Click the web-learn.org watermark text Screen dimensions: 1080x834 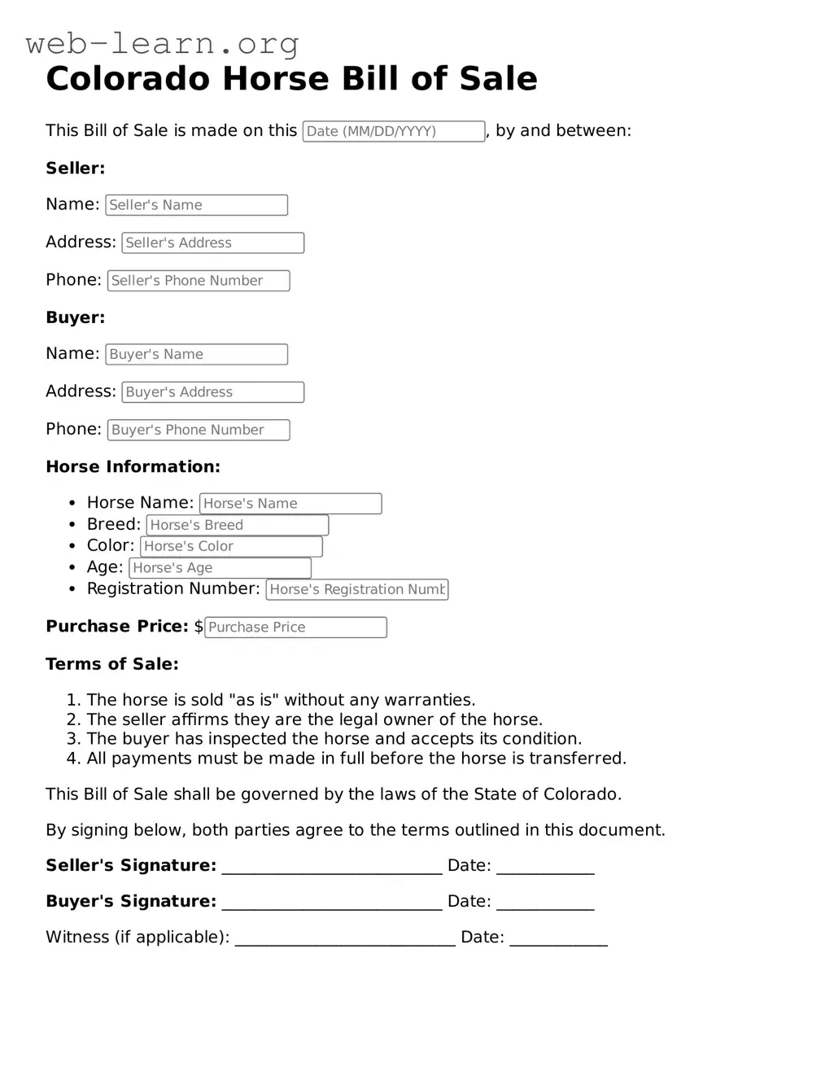pyautogui.click(x=163, y=43)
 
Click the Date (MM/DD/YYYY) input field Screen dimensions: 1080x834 pyautogui.click(x=394, y=131)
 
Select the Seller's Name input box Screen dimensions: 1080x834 pyautogui.click(x=197, y=205)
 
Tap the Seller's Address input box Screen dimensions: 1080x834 pyautogui.click(x=213, y=243)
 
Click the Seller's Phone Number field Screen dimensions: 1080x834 pyautogui.click(x=199, y=281)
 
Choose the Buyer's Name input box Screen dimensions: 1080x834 pyautogui.click(x=197, y=354)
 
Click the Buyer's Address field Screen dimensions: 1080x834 pyautogui.click(x=213, y=392)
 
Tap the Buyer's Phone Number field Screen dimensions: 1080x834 pyautogui.click(x=199, y=430)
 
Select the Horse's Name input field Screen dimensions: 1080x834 pyautogui.click(x=290, y=504)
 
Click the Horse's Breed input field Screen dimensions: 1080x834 pyautogui.click(x=238, y=525)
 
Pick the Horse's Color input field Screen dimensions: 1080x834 pyautogui.click(x=231, y=546)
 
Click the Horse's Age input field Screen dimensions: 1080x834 pyautogui.click(x=221, y=568)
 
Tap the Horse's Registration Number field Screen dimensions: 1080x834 pyautogui.click(x=357, y=589)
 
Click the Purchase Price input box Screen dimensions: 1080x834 pyautogui.click(x=295, y=627)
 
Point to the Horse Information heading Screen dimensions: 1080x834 pyautogui.click(x=133, y=467)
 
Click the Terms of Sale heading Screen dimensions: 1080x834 pyautogui.click(x=112, y=664)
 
